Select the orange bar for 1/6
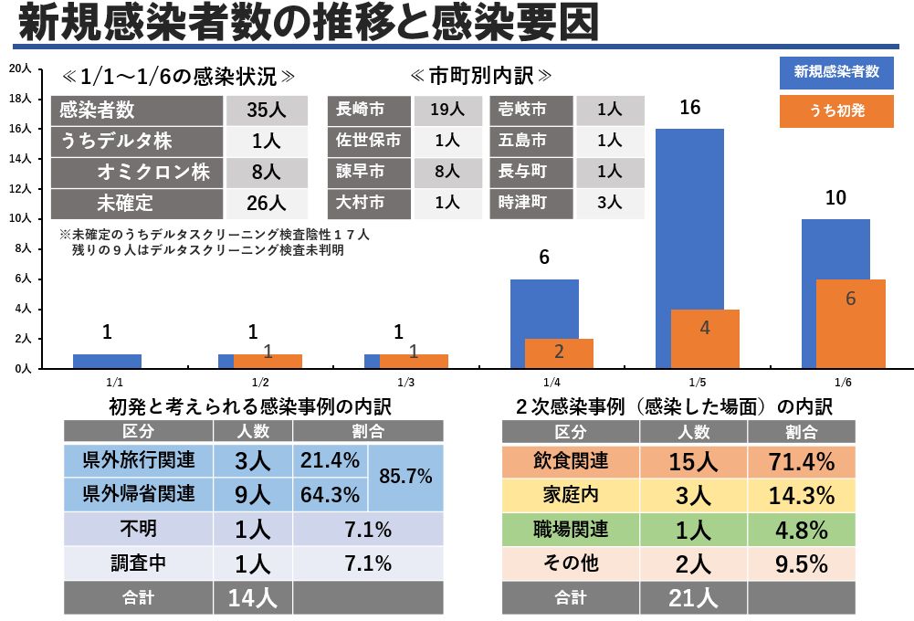coord(850,324)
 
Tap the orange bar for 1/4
coord(559,353)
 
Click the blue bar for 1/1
coord(107,361)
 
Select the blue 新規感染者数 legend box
coord(836,72)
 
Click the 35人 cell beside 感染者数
coord(267,111)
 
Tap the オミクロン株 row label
coord(160,172)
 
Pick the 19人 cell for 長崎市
coord(446,111)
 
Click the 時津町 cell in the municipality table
coord(522,202)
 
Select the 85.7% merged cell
coord(404,477)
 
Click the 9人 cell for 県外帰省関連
coord(252,495)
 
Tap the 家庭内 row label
coord(570,496)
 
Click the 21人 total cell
coord(692,598)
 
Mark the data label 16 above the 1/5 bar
coord(690,108)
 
